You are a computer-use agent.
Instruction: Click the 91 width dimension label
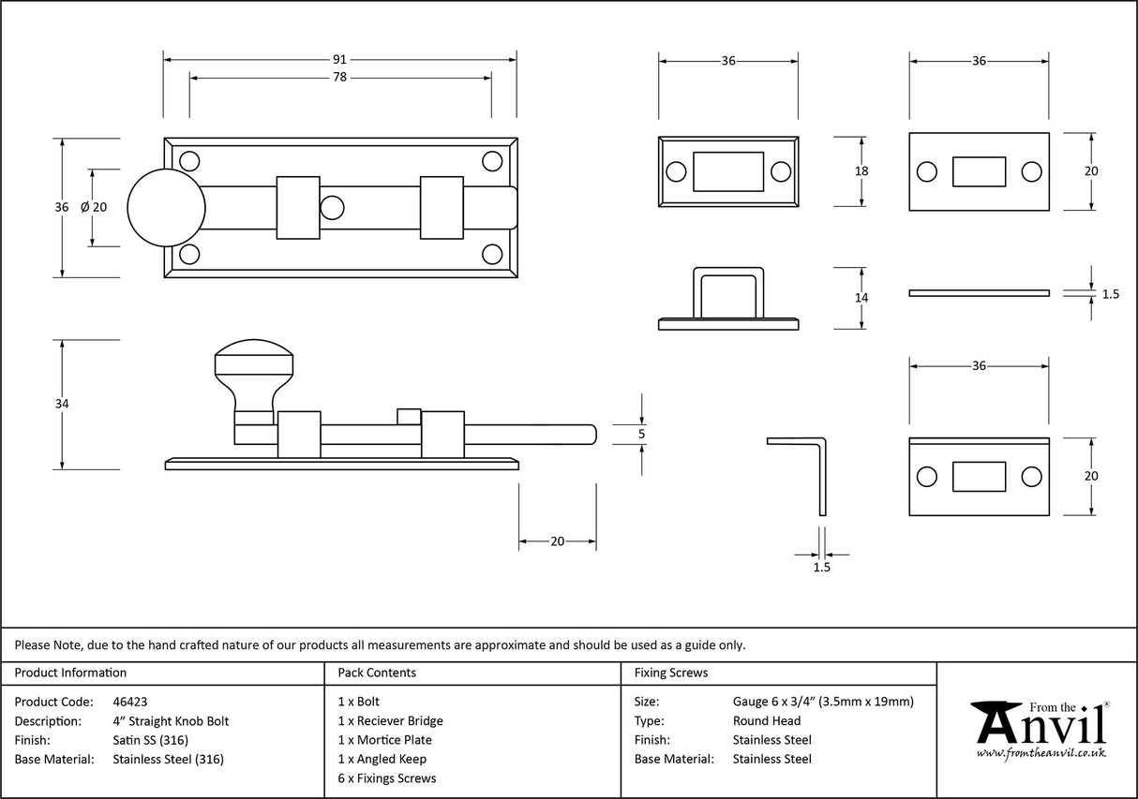(339, 59)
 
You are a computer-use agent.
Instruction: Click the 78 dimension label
(339, 78)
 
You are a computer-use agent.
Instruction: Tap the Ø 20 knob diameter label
(95, 207)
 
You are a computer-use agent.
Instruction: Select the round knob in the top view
(166, 207)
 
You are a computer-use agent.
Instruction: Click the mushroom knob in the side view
(254, 370)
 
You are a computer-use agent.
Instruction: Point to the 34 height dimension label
(63, 404)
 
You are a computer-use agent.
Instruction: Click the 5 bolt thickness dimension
(641, 434)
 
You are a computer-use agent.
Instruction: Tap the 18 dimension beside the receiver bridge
(861, 170)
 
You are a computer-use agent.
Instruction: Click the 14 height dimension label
(861, 297)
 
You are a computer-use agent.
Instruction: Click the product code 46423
(129, 702)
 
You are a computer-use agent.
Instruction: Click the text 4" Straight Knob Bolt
(170, 721)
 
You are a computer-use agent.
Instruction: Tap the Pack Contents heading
(376, 673)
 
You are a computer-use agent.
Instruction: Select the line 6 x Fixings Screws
(386, 778)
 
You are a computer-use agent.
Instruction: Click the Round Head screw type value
(766, 721)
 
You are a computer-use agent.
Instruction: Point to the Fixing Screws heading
(670, 673)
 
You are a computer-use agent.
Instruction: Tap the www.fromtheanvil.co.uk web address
(1041, 753)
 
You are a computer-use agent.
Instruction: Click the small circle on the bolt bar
(332, 207)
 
